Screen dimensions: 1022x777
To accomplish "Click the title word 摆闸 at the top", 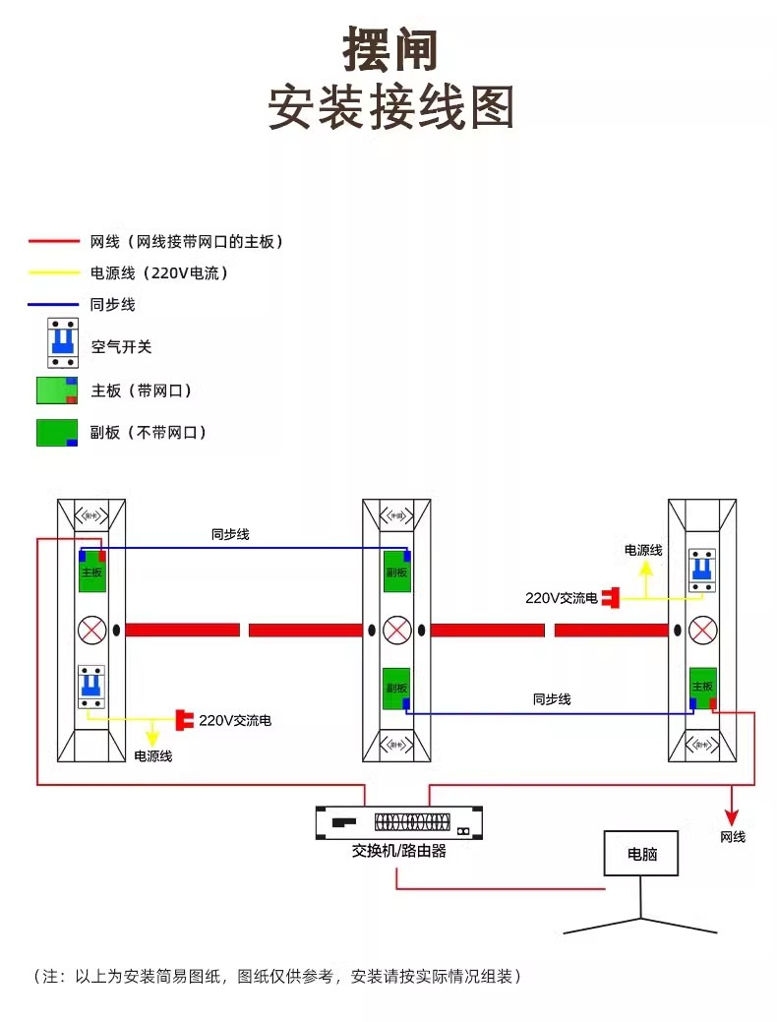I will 390,48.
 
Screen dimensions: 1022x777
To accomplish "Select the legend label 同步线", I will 113,305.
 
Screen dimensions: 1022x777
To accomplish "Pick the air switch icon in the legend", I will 63,343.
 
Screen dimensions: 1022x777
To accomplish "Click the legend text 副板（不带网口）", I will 149,432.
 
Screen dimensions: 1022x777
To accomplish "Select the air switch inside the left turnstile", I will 91,686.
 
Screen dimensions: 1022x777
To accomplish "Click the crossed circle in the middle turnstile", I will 396,630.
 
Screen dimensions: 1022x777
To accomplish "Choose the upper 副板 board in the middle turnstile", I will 396,570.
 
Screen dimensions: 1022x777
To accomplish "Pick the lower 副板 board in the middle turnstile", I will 396,688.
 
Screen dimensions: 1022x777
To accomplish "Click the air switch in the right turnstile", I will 701,570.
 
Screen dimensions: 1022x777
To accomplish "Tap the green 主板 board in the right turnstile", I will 702,687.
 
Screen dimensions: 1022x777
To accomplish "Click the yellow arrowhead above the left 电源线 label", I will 152,737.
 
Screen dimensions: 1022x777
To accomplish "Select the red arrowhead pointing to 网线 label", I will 732,816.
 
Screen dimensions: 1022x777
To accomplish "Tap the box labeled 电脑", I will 641,854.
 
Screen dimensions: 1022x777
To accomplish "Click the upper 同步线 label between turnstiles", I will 230,534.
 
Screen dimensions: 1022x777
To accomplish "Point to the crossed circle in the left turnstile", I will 91,630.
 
